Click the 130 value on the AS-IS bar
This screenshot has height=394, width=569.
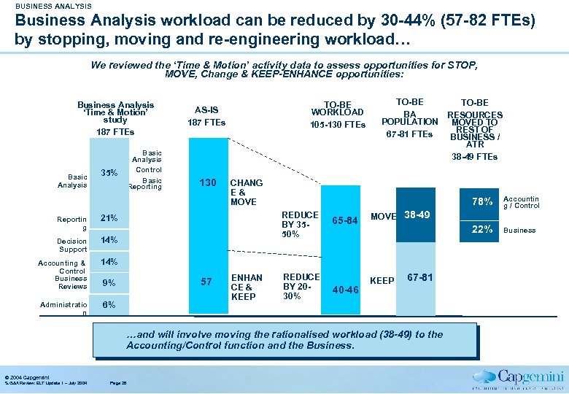[x=208, y=182]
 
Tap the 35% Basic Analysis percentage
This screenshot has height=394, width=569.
[x=109, y=174]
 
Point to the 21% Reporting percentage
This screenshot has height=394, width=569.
[x=109, y=218]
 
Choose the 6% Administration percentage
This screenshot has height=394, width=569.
[x=108, y=304]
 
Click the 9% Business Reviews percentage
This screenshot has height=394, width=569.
[x=108, y=283]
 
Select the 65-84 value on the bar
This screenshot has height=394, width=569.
[x=344, y=220]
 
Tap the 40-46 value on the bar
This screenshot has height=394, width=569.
[x=344, y=290]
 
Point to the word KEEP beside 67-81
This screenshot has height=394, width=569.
[x=382, y=281]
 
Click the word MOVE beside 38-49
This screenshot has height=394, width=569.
[x=383, y=217]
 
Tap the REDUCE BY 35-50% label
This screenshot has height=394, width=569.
[x=301, y=225]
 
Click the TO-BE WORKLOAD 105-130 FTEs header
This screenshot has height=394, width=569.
[x=337, y=115]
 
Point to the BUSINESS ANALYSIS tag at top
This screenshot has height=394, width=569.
[x=53, y=7]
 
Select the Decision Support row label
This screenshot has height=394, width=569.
[x=72, y=244]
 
